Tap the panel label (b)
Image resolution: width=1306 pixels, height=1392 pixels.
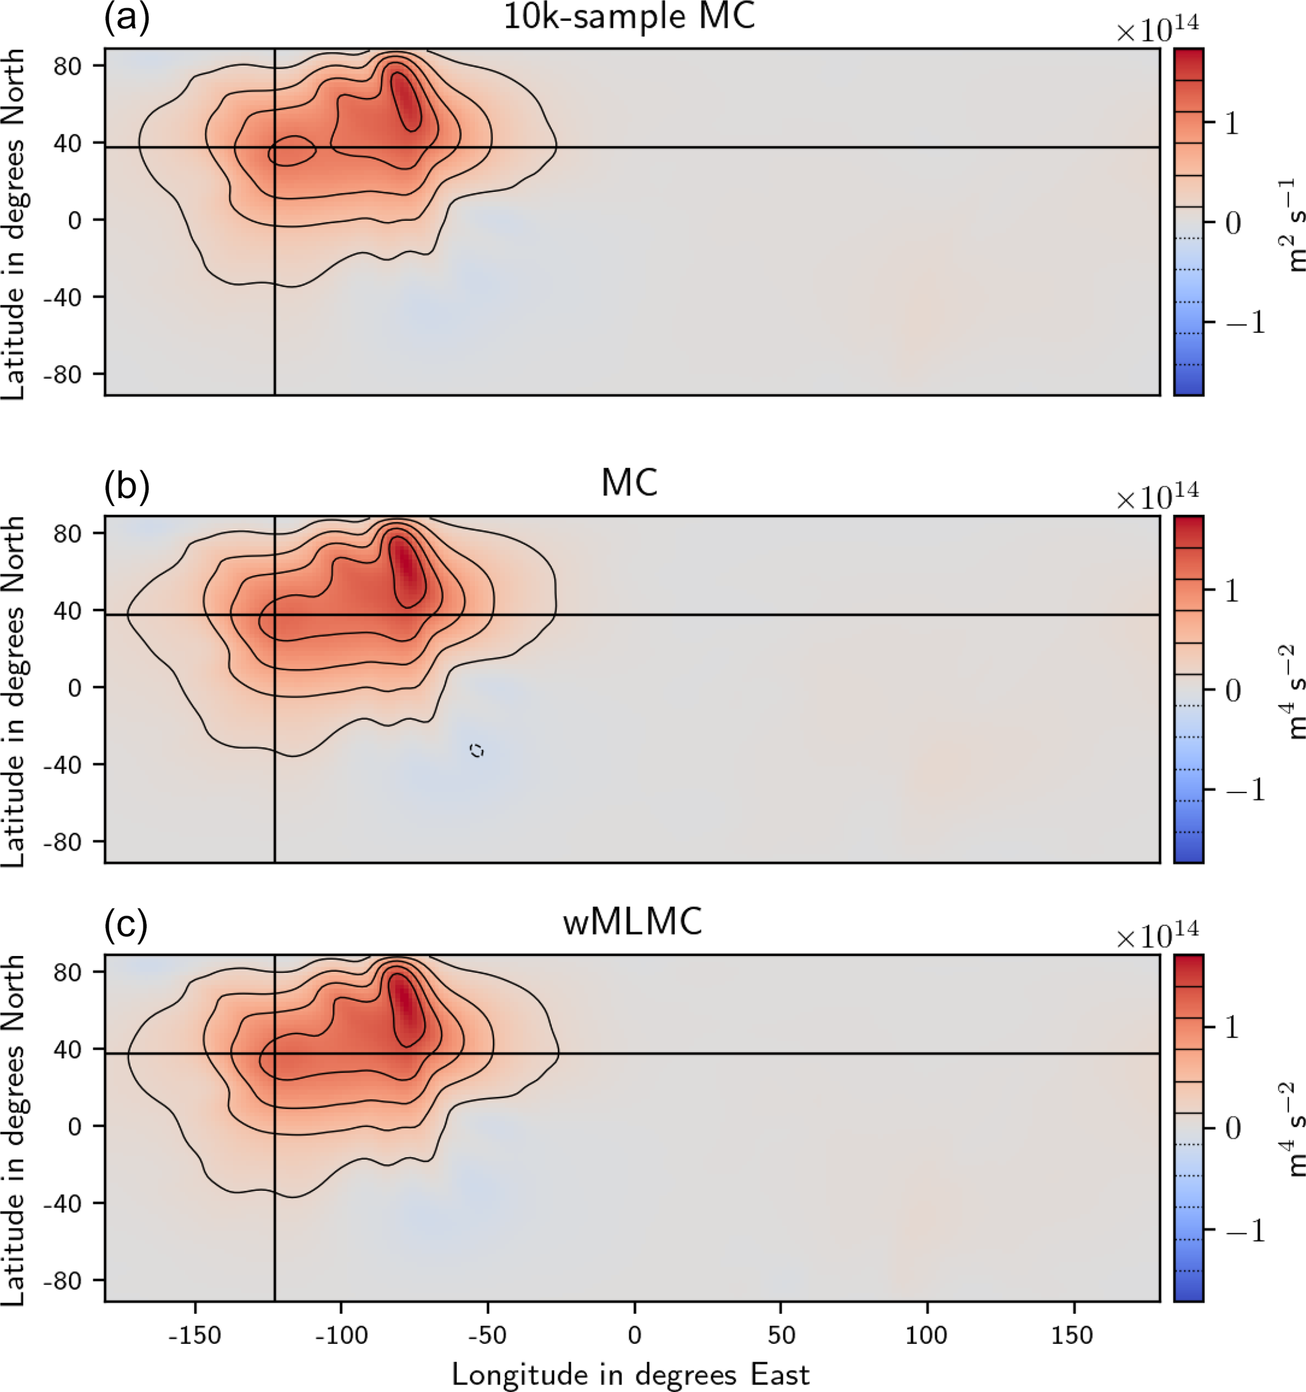[x=127, y=485]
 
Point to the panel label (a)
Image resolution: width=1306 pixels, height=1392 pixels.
[x=127, y=17]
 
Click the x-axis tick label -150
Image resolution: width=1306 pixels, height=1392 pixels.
[x=195, y=1335]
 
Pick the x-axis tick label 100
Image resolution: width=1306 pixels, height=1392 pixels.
[x=926, y=1335]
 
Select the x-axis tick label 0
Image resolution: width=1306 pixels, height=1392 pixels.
[x=634, y=1335]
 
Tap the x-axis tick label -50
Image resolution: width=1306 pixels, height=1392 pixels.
[x=487, y=1335]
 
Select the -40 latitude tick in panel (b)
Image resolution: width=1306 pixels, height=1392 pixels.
[x=63, y=764]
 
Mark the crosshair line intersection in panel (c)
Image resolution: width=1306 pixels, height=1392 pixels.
[x=274, y=1053]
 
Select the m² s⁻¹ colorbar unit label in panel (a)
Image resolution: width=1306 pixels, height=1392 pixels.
[x=1291, y=224]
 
